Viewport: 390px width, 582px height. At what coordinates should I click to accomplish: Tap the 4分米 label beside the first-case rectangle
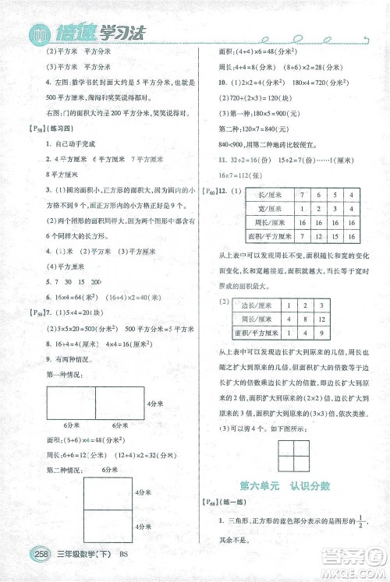point(154,404)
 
